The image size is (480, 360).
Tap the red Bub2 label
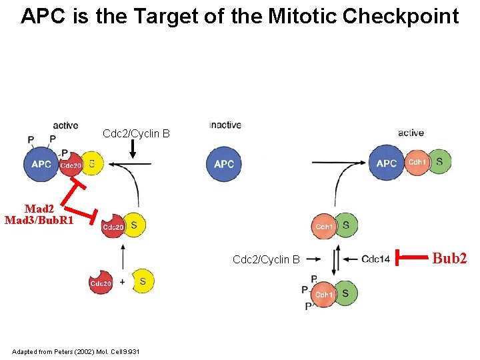450,258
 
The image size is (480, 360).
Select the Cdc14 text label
375,259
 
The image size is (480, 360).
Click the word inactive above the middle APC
225,125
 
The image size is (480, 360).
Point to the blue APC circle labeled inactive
224,164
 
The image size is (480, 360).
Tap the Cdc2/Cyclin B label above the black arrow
136,134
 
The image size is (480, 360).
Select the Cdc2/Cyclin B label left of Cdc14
266,259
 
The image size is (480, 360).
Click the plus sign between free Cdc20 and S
122,282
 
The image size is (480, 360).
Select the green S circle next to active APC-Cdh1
439,162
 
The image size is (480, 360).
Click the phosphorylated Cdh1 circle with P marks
324,295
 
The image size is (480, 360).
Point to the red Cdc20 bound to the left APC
71,165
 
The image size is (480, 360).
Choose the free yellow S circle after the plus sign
142,281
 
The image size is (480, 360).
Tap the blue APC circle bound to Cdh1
387,163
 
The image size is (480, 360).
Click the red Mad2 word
38,209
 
